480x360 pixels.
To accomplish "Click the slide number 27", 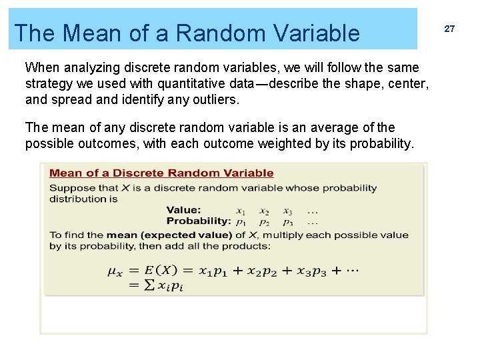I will click(x=449, y=29).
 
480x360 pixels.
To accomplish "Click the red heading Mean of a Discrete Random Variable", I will click(x=161, y=173).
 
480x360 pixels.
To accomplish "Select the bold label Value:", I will click(x=183, y=210).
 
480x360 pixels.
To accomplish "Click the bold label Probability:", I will click(x=199, y=221).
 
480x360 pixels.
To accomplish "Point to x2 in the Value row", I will click(x=264, y=211).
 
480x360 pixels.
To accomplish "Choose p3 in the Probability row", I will click(x=287, y=221).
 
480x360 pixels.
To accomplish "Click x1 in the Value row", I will click(x=241, y=211).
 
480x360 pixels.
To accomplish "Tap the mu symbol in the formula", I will click(x=114, y=271).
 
